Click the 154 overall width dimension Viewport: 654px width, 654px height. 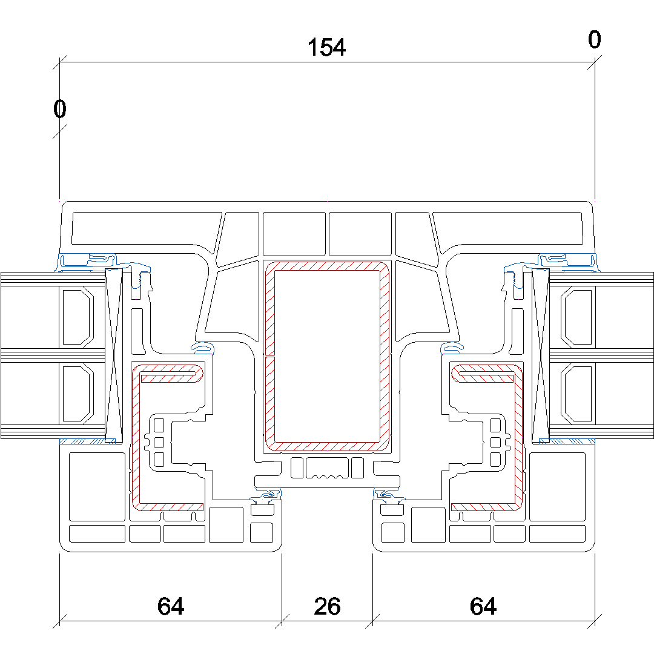pos(326,47)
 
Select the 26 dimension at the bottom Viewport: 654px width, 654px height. pos(327,606)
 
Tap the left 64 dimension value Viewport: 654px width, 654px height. pos(170,606)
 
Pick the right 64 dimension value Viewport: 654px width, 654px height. pos(483,606)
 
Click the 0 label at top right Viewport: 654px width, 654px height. pos(594,40)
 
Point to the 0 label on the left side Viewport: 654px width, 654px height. pos(59,110)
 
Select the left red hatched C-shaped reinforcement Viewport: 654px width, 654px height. pos(135,436)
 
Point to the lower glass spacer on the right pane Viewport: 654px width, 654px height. pos(576,394)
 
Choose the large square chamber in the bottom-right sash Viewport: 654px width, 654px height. pos(557,486)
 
